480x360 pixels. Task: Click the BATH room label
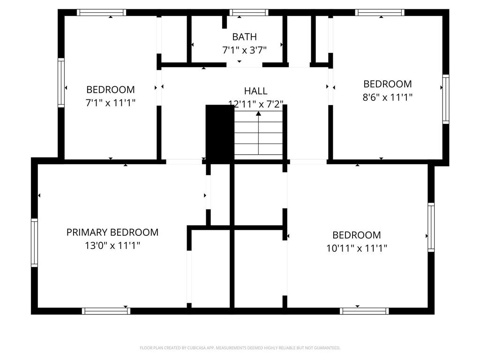244,37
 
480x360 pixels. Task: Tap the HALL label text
255,91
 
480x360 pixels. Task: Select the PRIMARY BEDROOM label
112,232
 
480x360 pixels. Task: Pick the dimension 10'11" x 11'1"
357,248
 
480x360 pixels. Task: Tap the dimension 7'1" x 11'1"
111,103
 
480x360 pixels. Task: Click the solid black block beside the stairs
219,133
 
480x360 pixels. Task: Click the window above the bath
249,13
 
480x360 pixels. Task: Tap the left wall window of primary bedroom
34,242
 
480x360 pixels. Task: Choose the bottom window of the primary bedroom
106,311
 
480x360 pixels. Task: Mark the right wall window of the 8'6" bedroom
446,99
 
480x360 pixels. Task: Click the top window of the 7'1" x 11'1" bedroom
102,13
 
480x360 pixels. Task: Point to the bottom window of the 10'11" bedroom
364,311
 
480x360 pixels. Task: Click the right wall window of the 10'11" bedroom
431,227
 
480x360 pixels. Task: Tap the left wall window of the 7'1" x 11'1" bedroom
61,82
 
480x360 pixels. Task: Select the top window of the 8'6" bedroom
380,13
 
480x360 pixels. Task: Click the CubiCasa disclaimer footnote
240,348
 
